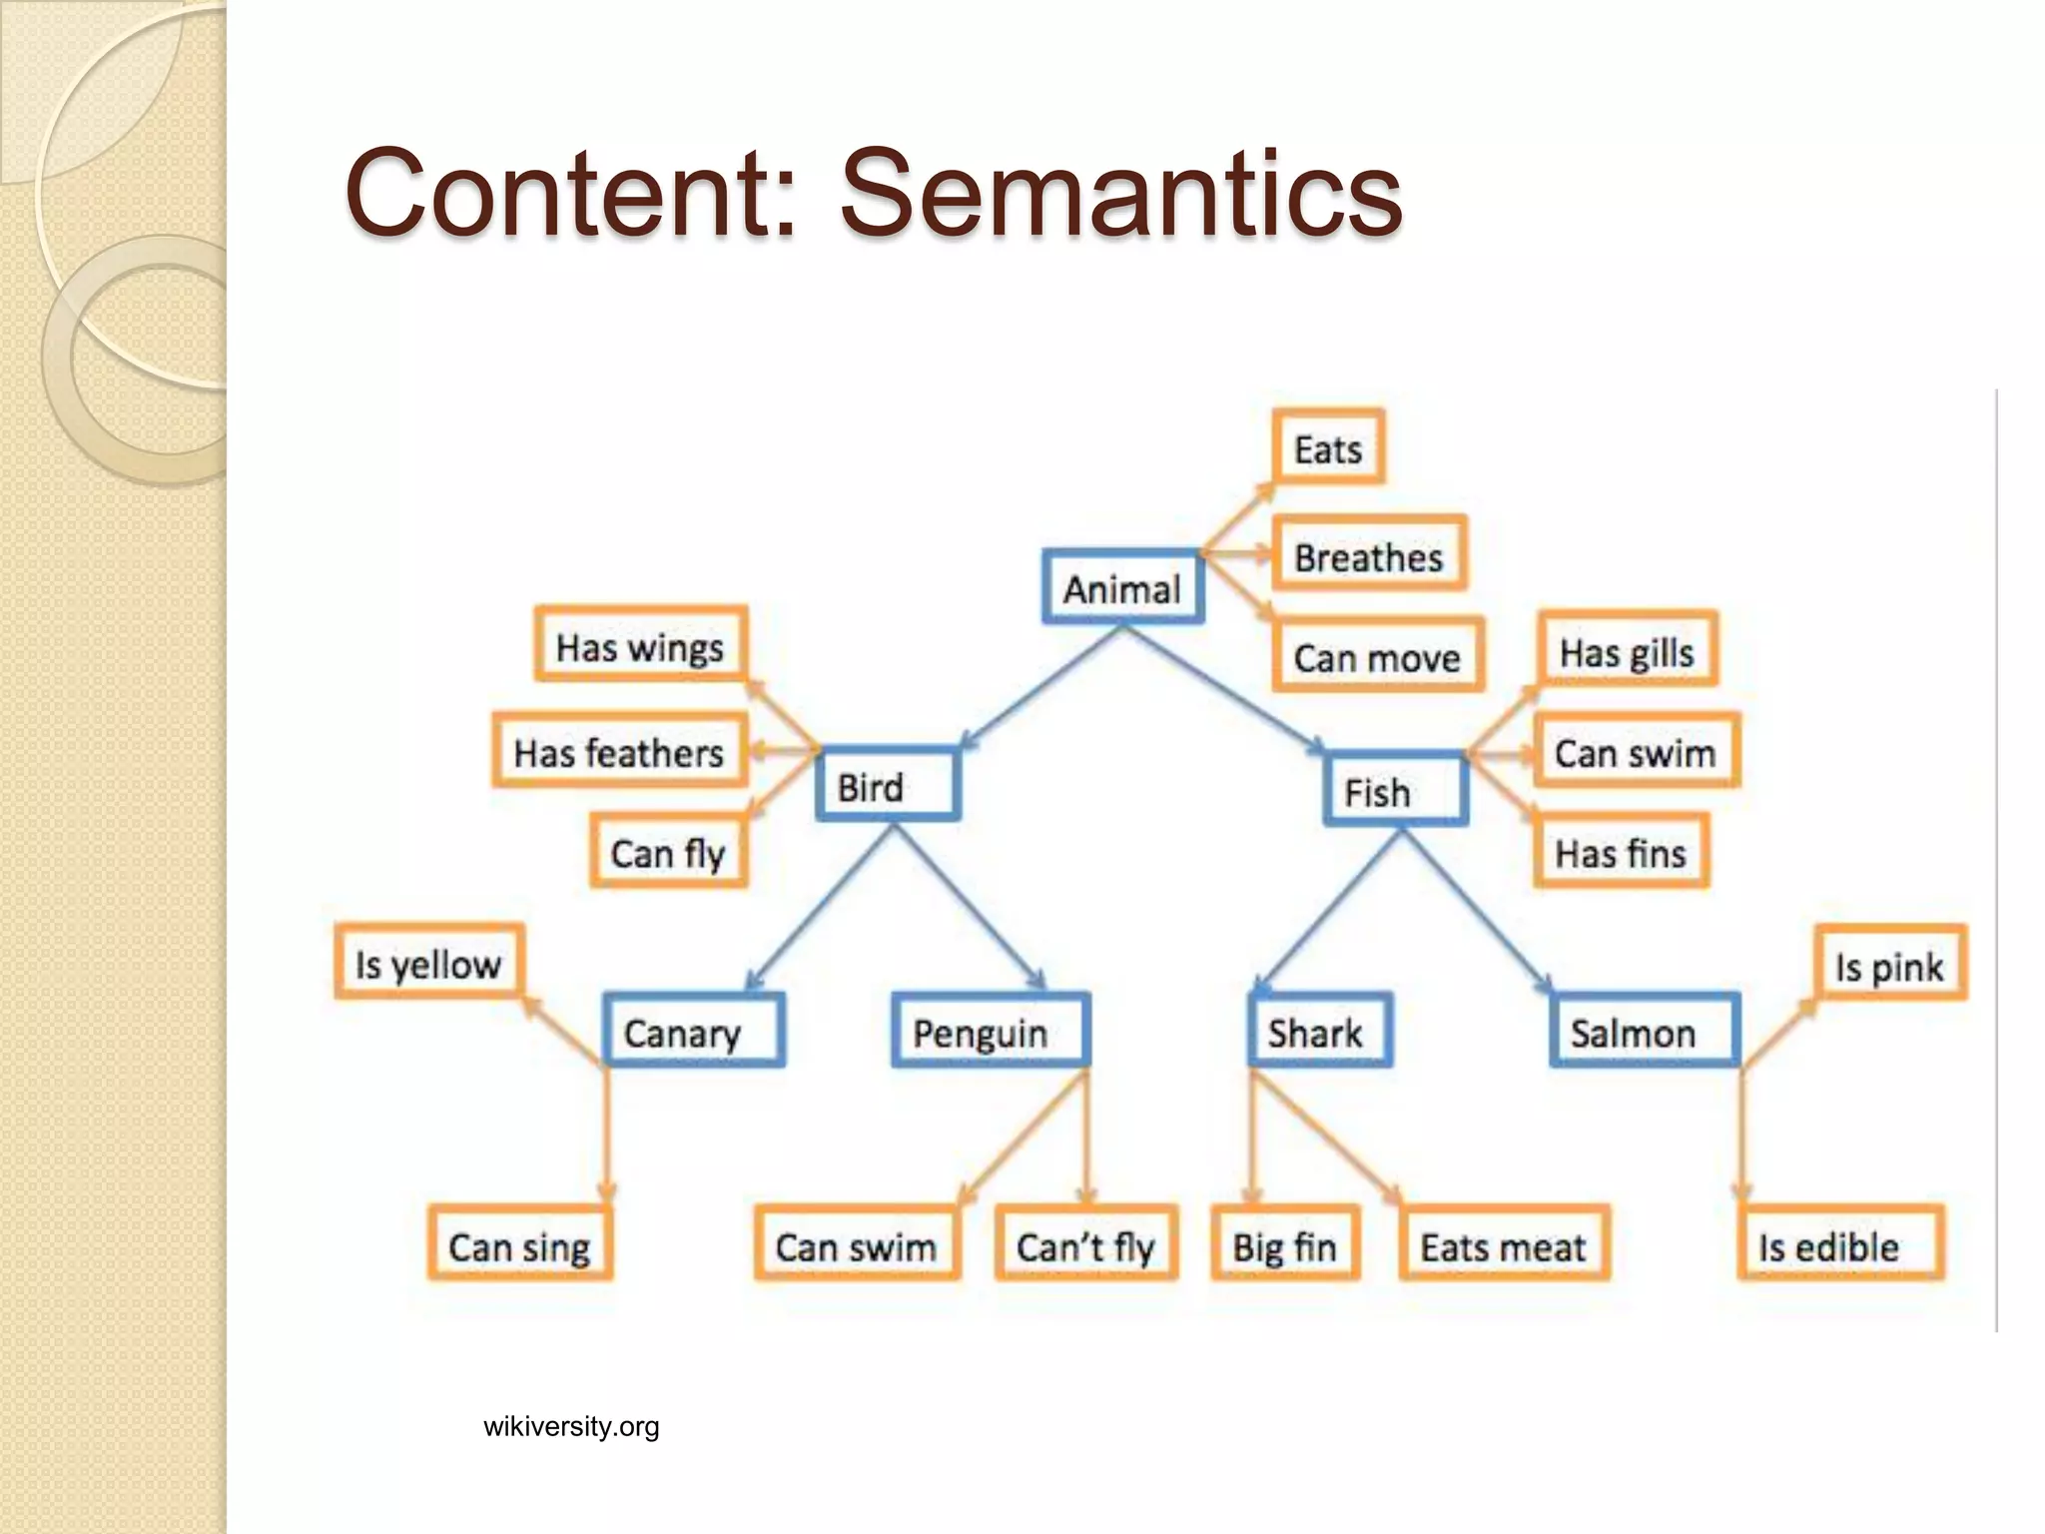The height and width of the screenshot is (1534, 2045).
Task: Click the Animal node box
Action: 1122,587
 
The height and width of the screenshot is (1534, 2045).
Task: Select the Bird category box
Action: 888,785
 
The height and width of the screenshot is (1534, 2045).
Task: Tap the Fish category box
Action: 1395,790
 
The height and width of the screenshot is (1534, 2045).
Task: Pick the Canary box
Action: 693,1031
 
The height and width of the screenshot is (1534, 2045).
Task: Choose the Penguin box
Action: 990,1031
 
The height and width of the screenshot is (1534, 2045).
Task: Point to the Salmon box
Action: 1644,1031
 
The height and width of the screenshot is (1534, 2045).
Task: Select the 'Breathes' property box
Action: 1368,555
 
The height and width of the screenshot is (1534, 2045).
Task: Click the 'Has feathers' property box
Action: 619,751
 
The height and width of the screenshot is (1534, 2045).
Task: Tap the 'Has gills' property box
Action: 1627,651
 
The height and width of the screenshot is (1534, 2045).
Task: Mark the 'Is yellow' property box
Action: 428,963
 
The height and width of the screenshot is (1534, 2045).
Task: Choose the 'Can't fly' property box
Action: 1085,1244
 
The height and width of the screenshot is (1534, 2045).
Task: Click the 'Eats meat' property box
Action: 1503,1244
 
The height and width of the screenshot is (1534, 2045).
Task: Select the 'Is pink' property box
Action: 1889,965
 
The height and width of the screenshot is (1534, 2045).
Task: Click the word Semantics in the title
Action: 1120,192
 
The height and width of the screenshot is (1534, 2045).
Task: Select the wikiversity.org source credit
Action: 571,1426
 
